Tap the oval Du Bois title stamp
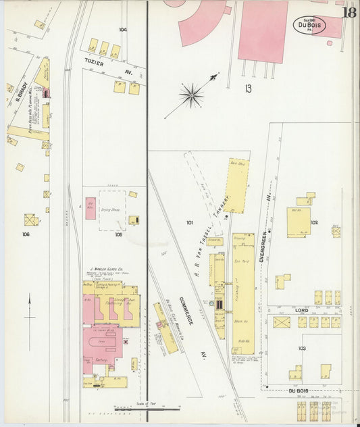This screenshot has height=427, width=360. (309, 25)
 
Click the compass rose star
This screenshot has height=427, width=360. (192, 95)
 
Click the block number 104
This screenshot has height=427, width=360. (122, 30)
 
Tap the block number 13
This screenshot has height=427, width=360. (248, 88)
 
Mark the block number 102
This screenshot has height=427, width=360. (314, 222)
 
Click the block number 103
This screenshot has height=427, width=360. (302, 348)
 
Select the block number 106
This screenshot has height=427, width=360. (26, 235)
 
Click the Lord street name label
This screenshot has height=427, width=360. (301, 310)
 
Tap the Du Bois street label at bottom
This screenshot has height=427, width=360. (297, 391)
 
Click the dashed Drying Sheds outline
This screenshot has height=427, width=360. (112, 210)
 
